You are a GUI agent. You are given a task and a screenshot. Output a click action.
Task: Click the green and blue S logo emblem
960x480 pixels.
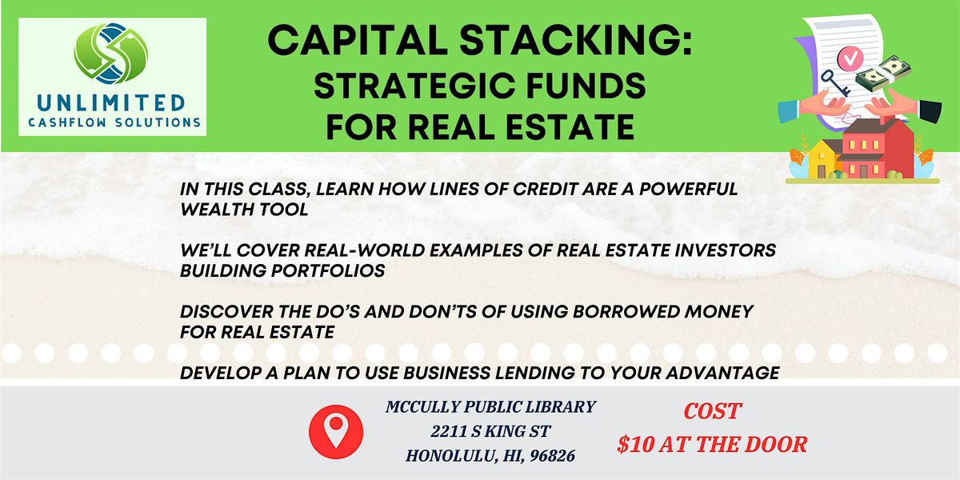111,53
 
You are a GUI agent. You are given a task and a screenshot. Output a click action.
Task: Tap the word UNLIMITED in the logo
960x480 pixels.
111,103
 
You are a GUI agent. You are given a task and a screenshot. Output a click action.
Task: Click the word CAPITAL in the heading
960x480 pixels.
358,40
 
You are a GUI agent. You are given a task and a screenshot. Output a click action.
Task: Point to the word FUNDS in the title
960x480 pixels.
586,86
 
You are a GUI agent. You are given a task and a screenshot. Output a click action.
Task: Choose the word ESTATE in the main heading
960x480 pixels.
570,127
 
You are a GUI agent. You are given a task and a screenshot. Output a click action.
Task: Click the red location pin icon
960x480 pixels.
336,431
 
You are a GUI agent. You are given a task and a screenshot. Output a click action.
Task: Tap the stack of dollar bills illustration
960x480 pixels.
883,74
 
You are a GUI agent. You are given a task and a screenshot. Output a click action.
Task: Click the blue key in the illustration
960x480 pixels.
835,82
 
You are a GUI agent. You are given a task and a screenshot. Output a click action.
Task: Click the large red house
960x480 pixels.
877,148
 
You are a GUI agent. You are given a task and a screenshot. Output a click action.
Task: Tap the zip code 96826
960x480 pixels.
553,456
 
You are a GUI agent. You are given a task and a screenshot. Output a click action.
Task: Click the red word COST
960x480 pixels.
712,411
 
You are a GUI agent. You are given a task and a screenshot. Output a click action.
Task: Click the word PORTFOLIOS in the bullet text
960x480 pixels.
328,271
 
